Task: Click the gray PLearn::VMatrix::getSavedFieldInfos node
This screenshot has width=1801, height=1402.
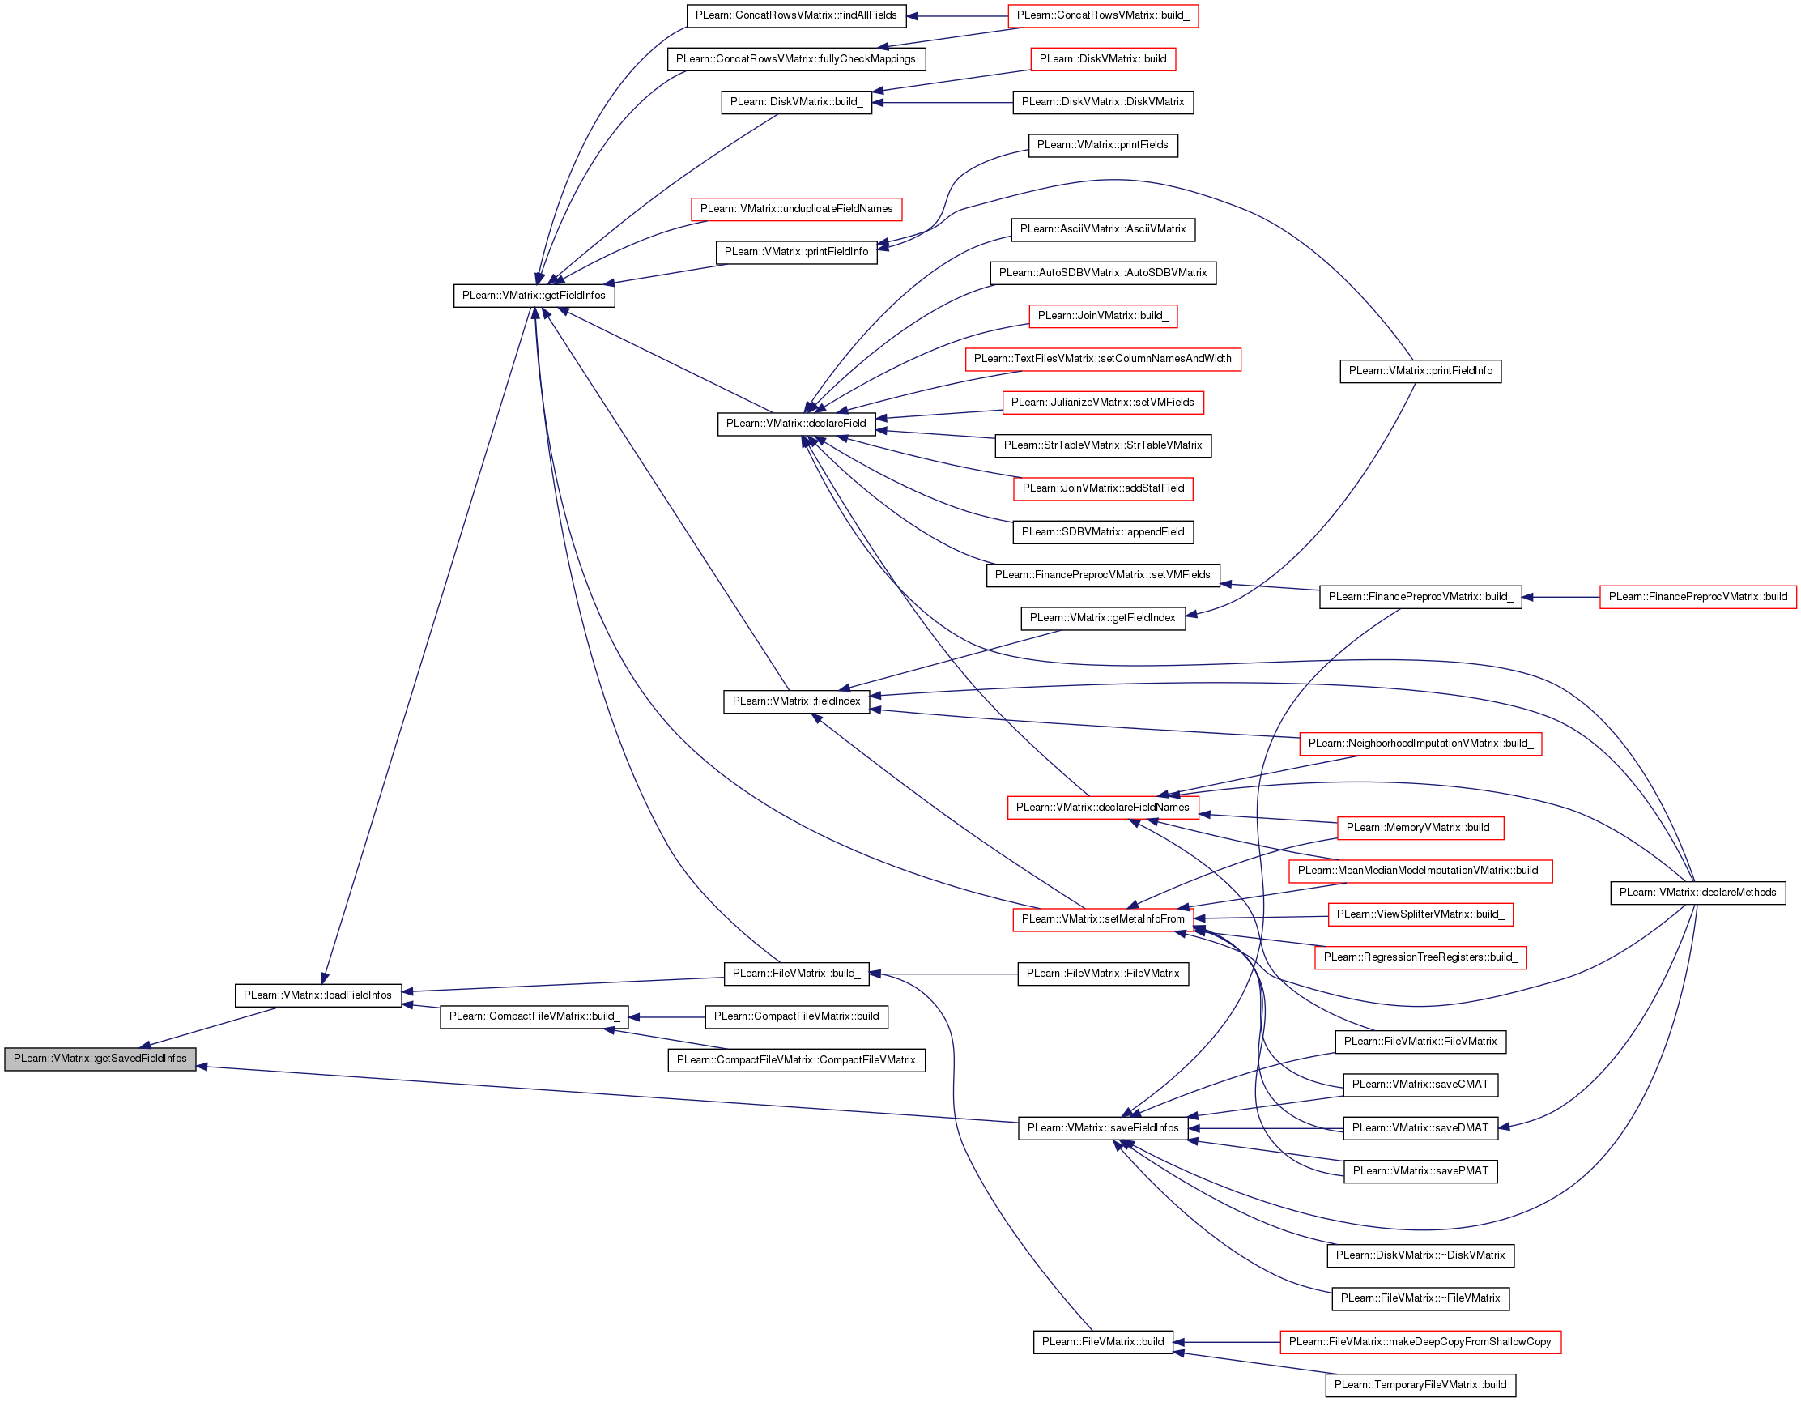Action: (x=100, y=1059)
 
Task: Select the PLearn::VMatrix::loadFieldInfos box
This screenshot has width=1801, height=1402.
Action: (x=317, y=995)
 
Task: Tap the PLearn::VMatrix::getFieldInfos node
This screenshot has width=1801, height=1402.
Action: (x=534, y=296)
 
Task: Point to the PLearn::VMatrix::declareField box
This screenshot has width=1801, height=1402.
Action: (x=796, y=424)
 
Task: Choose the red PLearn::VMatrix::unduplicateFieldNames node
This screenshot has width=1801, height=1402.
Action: (x=797, y=210)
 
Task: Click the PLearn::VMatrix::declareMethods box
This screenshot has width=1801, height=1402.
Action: (x=1698, y=893)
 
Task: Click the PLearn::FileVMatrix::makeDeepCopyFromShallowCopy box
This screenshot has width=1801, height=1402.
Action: (x=1420, y=1343)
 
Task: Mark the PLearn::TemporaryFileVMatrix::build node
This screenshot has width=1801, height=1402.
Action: (x=1420, y=1386)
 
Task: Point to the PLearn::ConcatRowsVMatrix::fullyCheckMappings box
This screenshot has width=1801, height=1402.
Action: (x=796, y=59)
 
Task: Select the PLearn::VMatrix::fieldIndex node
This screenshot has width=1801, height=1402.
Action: (x=796, y=702)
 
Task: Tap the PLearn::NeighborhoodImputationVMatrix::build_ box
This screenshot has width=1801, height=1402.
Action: (x=1420, y=744)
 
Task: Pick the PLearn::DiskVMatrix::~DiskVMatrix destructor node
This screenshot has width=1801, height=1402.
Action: (x=1420, y=1256)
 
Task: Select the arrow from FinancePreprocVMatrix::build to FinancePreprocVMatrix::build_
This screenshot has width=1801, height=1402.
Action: (x=1560, y=597)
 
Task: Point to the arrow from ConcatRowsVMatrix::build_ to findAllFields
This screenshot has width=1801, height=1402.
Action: (x=957, y=16)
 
